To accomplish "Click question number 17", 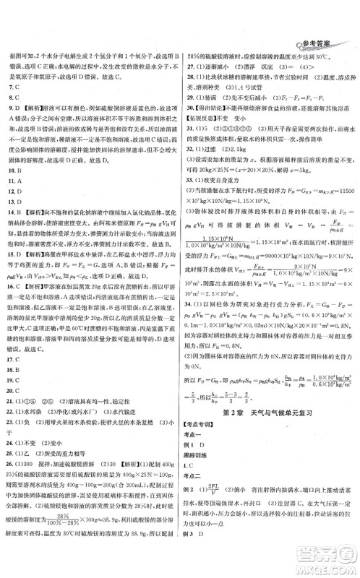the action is click(12, 316).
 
